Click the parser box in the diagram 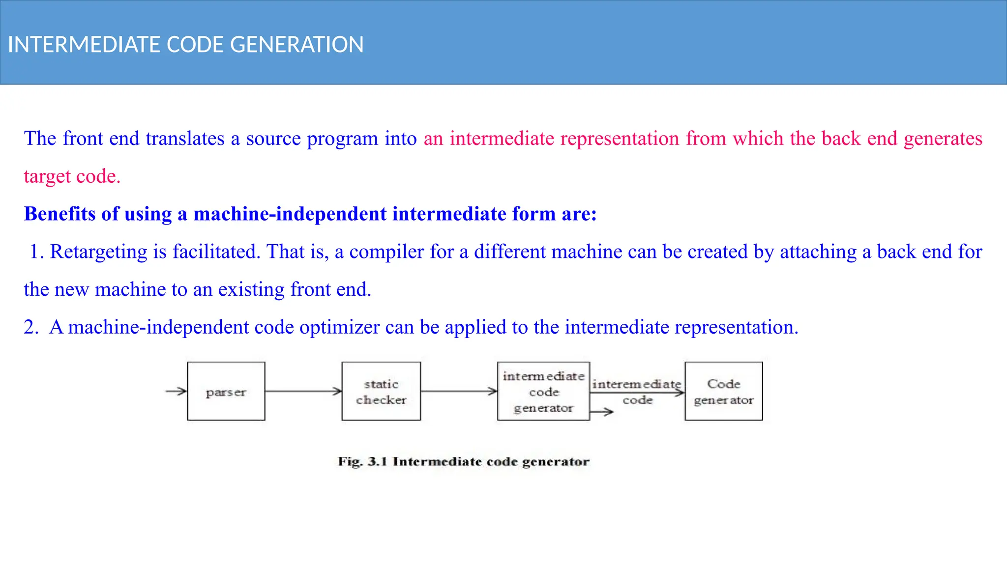(226, 392)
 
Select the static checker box (381, 392)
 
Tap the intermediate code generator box (543, 392)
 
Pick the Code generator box (723, 392)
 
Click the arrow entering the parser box (176, 392)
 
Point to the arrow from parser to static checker (303, 392)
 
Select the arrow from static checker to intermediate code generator (459, 392)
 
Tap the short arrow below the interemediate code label (601, 412)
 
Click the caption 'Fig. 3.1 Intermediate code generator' (463, 461)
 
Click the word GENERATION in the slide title (296, 45)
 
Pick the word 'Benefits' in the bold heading (59, 214)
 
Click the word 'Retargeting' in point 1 (98, 252)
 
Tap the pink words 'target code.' (72, 176)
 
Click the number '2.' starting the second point (31, 327)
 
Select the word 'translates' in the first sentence (185, 139)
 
